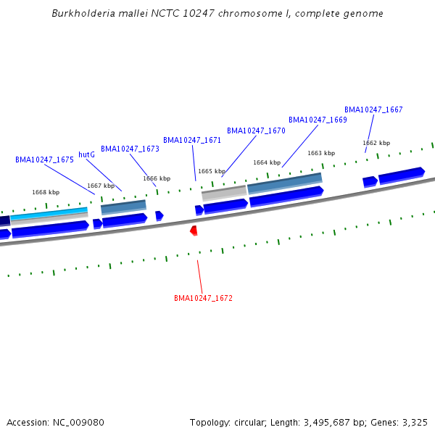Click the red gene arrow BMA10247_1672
pyautogui.click(x=194, y=231)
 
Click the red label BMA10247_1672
pyautogui.click(x=203, y=298)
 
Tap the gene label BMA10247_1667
pyautogui.click(x=373, y=109)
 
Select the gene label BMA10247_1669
pyautogui.click(x=318, y=120)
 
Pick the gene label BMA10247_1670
pyautogui.click(x=256, y=130)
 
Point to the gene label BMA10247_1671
pyautogui.click(x=192, y=140)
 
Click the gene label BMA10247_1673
pyautogui.click(x=130, y=149)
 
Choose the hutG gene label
pyautogui.click(x=87, y=154)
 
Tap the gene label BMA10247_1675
pyautogui.click(x=44, y=159)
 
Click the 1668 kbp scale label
pyautogui.click(x=46, y=192)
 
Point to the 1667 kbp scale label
pyautogui.click(x=101, y=186)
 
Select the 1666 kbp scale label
pyautogui.click(x=157, y=178)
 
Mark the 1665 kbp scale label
pyautogui.click(x=212, y=171)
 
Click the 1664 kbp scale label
pyautogui.click(x=267, y=162)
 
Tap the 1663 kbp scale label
pyautogui.click(x=321, y=153)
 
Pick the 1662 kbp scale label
pyautogui.click(x=376, y=143)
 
